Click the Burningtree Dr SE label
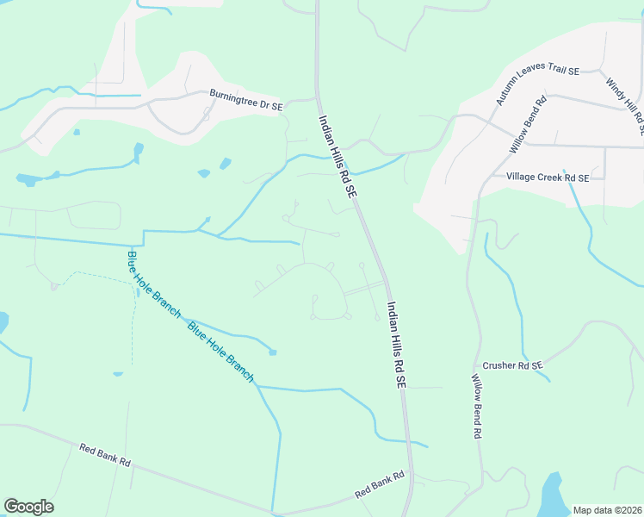(x=246, y=99)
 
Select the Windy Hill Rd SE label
(x=624, y=106)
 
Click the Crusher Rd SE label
(x=513, y=365)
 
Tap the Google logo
(x=29, y=507)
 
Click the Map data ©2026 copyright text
(x=607, y=510)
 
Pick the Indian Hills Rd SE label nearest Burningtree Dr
(x=337, y=159)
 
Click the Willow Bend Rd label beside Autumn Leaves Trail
(x=528, y=126)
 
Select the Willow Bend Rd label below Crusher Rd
(x=476, y=407)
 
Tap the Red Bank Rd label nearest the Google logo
(x=104, y=454)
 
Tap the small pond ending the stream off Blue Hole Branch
(x=273, y=352)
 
